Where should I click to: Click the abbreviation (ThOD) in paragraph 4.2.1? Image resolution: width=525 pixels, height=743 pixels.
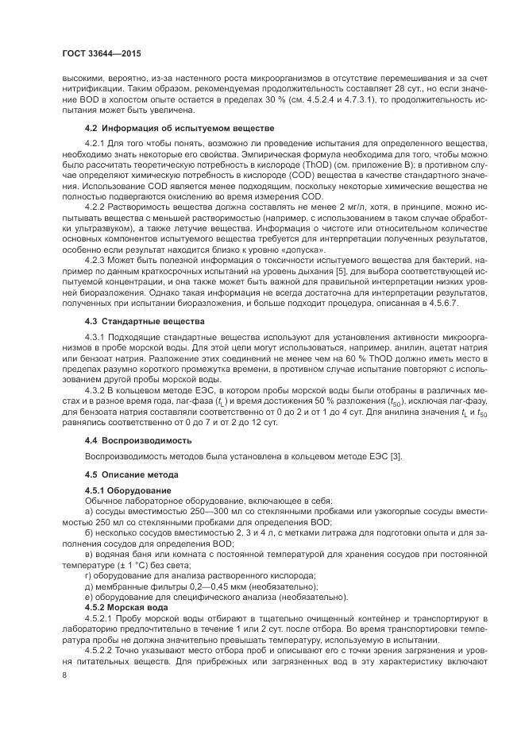pos(295,164)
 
